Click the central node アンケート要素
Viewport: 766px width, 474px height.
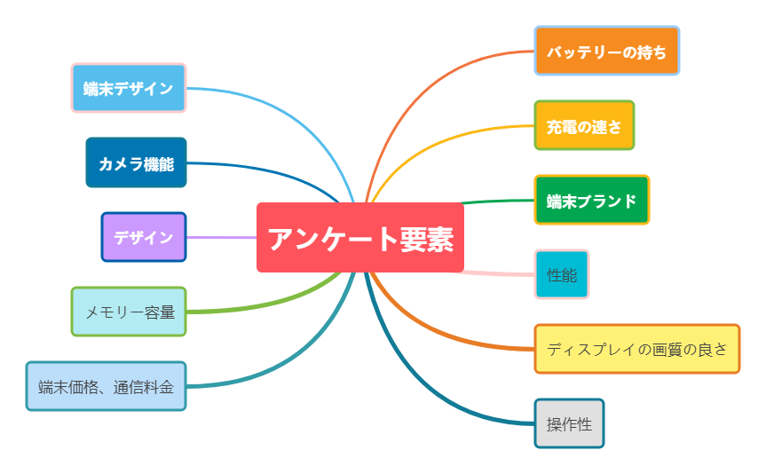point(359,238)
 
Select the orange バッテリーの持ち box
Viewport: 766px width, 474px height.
point(606,51)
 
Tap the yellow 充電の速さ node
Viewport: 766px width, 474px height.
point(584,125)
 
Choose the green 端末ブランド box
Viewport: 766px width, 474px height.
point(592,200)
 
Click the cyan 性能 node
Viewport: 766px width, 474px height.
point(562,274)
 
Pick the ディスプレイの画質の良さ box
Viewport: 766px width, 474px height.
point(636,349)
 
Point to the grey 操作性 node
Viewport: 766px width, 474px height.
point(569,423)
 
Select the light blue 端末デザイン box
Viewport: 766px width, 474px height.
point(129,88)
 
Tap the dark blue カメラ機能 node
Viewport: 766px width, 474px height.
point(136,162)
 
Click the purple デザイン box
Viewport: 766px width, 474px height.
point(144,237)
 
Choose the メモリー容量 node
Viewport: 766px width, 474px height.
point(129,312)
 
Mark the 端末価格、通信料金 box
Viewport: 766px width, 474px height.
point(107,386)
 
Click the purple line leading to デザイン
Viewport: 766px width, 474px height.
point(222,238)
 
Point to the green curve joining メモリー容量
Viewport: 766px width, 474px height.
point(266,305)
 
